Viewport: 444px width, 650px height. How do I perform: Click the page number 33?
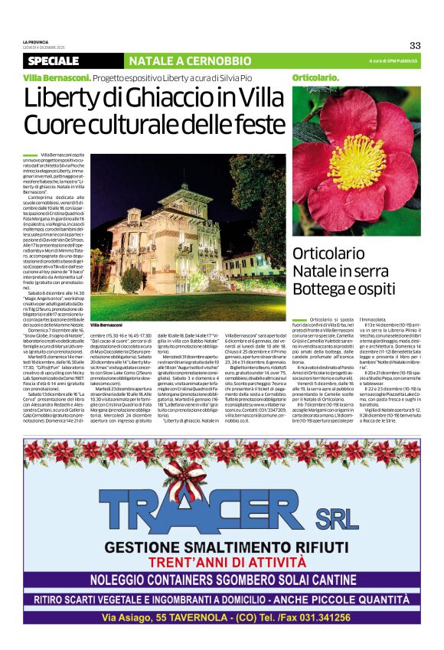415,45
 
